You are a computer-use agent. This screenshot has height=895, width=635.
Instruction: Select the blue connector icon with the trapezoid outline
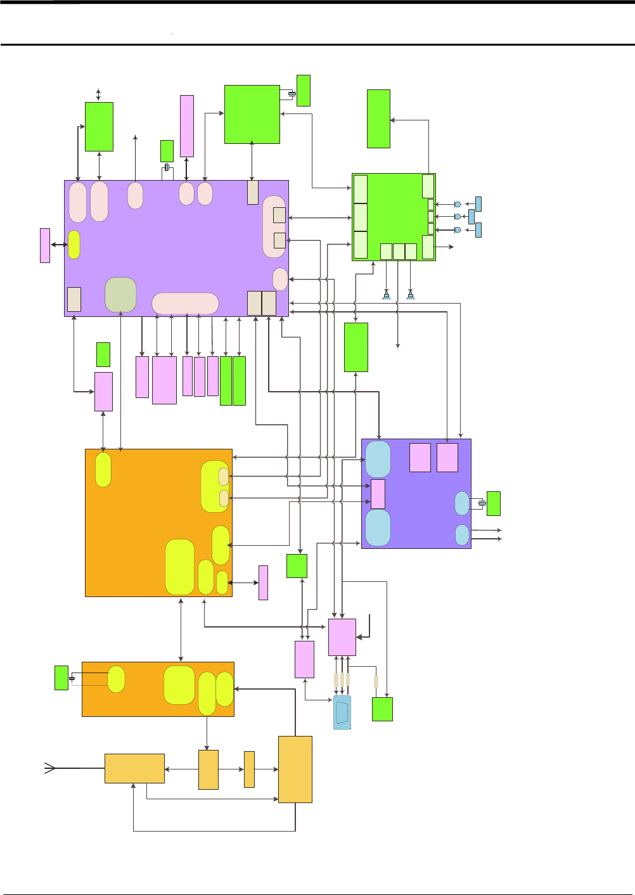tap(342, 712)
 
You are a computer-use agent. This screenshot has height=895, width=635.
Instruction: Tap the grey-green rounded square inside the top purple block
tap(120, 295)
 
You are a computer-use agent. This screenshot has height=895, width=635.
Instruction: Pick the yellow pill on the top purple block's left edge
tap(74, 245)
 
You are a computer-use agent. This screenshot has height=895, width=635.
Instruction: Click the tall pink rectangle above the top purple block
tap(187, 126)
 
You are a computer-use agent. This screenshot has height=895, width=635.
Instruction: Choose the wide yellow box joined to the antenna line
tap(134, 768)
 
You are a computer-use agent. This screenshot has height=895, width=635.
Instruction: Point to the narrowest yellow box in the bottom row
tap(249, 769)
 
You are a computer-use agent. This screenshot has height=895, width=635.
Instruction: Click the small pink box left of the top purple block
tap(45, 245)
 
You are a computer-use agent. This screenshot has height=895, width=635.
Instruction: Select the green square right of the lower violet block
tap(493, 503)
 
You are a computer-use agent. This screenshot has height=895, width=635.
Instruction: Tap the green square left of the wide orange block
tap(61, 678)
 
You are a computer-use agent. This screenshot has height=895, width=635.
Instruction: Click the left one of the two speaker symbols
tap(386, 295)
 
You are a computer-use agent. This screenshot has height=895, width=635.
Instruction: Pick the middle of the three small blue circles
tap(458, 216)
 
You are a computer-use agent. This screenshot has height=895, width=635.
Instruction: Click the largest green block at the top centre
tap(252, 114)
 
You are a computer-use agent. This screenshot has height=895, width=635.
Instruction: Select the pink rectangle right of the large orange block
tap(263, 583)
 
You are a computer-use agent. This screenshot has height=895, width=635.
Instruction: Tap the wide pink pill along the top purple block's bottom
tap(185, 304)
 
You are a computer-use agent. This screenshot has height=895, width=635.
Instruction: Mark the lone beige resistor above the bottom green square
tap(376, 682)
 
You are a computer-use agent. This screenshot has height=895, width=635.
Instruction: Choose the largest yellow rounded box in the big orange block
tap(180, 567)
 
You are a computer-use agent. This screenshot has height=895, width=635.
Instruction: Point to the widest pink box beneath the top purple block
tap(164, 380)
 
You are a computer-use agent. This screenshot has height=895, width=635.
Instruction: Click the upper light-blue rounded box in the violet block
tap(378, 460)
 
